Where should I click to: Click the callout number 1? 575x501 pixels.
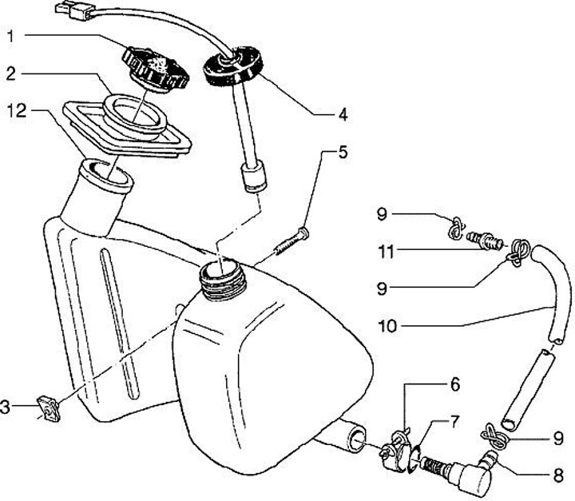tap(10, 36)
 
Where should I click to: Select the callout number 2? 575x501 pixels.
tap(10, 74)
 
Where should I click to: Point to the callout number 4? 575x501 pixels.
tap(342, 115)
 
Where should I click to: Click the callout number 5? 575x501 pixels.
tap(342, 152)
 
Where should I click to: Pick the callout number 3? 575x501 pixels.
tap(6, 408)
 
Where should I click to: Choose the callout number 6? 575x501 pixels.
tap(455, 385)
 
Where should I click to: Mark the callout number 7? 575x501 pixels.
tap(455, 420)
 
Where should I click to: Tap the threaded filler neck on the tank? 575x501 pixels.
tap(220, 280)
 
